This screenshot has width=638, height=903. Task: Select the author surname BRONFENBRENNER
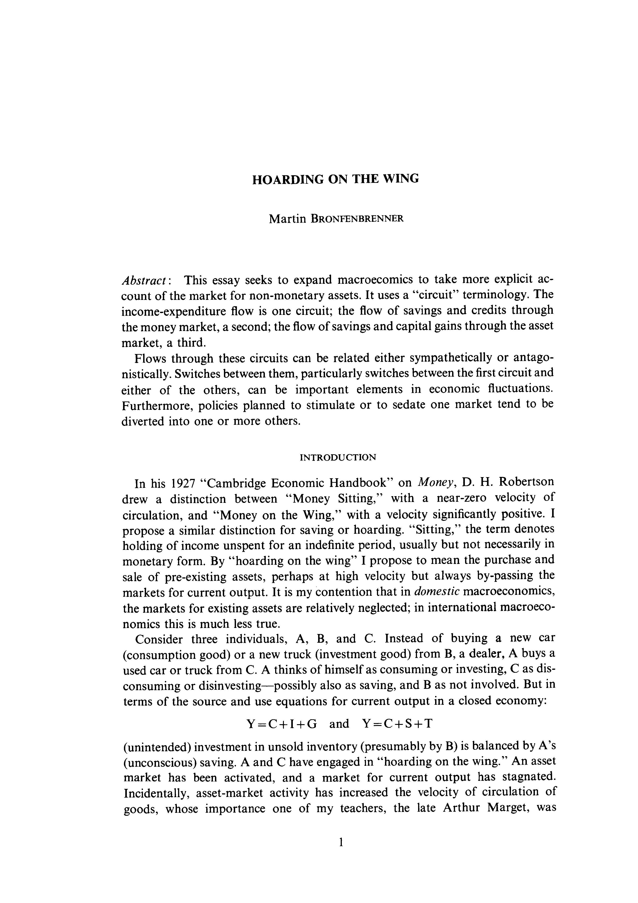pos(357,219)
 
